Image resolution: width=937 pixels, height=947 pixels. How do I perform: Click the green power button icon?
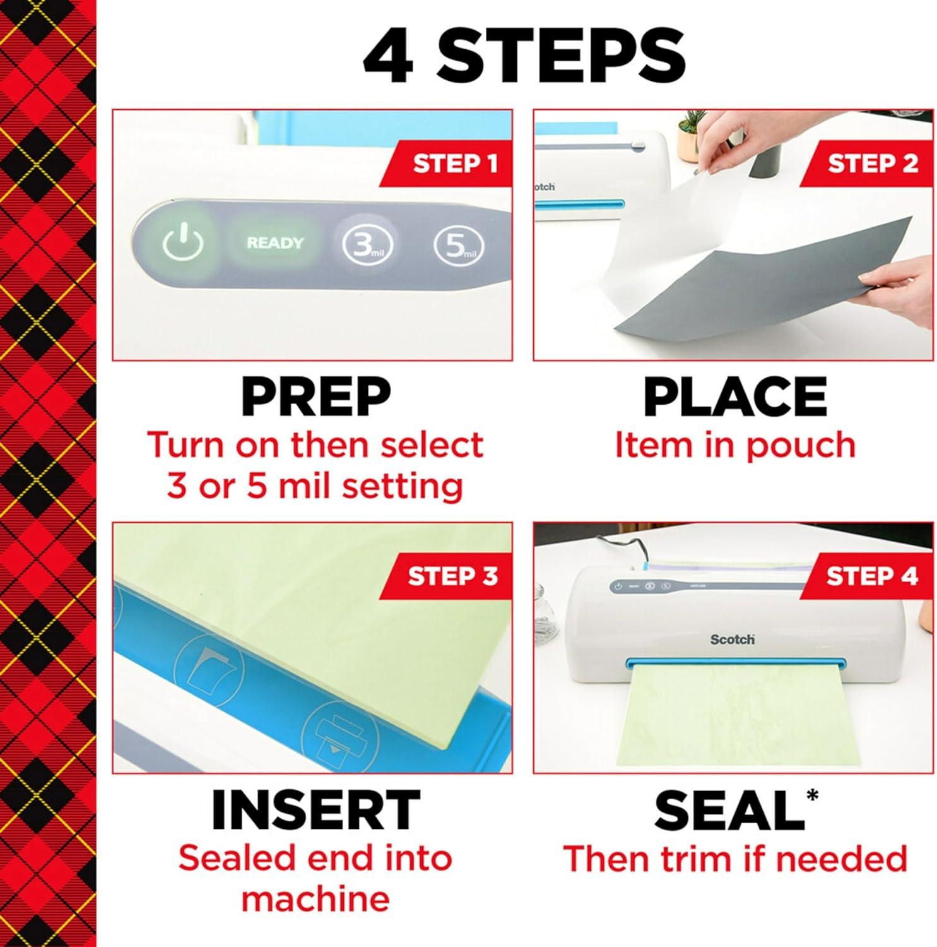183,243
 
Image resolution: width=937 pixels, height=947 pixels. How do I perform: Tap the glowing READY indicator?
274,243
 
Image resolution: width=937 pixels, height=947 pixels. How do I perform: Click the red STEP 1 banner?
453,164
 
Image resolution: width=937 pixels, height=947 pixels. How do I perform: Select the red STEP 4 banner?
871,576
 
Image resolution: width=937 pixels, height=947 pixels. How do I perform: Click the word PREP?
315,396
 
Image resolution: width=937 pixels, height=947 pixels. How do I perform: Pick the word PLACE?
734,396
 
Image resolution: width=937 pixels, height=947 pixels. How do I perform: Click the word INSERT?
315,810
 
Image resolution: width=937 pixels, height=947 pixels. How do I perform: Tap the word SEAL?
729,810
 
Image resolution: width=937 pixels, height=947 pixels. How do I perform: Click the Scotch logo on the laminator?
732,640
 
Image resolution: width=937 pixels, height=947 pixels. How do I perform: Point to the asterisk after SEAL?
812,794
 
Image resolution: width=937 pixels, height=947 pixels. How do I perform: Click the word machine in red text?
315,899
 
